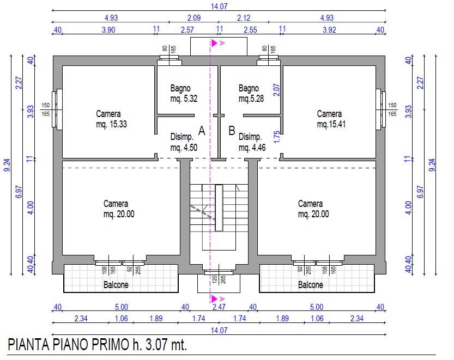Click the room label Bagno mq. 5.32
pyautogui.click(x=184, y=94)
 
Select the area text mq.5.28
pyautogui.click(x=251, y=99)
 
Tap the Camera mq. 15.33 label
pyautogui.click(x=112, y=119)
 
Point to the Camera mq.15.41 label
pyautogui.click(x=331, y=119)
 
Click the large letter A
pyautogui.click(x=202, y=131)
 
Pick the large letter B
pyautogui.click(x=232, y=131)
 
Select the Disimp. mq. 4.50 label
pyautogui.click(x=184, y=142)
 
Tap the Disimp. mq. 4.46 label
pyautogui.click(x=252, y=142)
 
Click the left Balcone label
pyautogui.click(x=116, y=285)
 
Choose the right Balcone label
pyautogui.click(x=311, y=285)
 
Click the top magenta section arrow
pyautogui.click(x=214, y=43)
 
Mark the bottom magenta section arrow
pyautogui.click(x=214, y=298)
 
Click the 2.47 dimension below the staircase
pyautogui.click(x=219, y=307)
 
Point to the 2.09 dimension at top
pyautogui.click(x=194, y=18)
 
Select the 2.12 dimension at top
pyautogui.click(x=244, y=18)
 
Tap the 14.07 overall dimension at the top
pyautogui.click(x=219, y=7)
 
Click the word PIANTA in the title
pyautogui.click(x=28, y=344)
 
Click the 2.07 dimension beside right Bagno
pyautogui.click(x=276, y=90)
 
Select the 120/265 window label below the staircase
pyautogui.click(x=219, y=279)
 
